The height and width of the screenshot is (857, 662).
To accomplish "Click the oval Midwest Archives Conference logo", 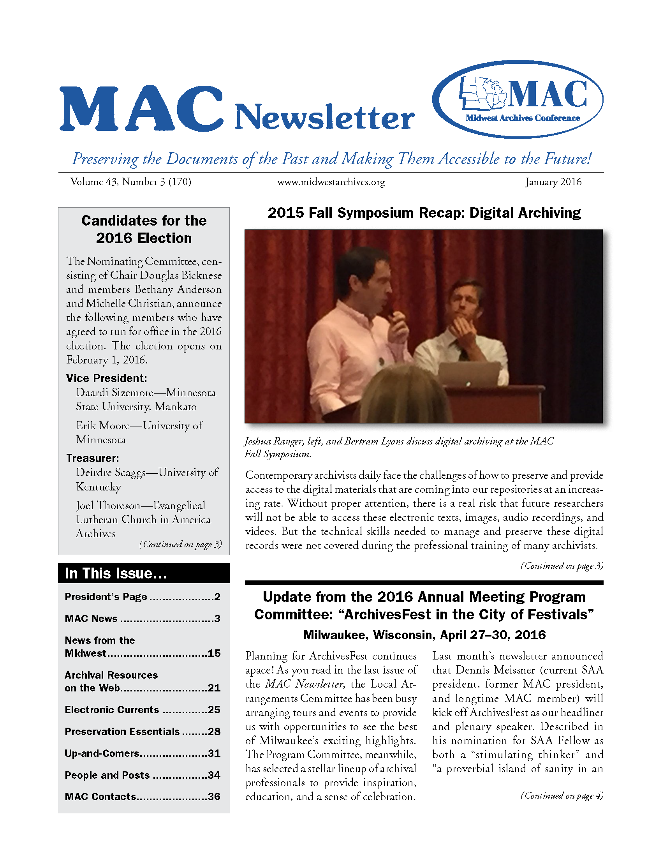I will (x=518, y=99).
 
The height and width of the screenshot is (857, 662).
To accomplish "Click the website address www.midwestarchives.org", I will (x=331, y=182).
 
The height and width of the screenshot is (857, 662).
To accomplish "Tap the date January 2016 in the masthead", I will (x=553, y=182).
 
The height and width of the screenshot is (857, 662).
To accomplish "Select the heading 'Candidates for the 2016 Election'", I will (x=144, y=229).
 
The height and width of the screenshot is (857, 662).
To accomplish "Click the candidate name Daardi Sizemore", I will (x=114, y=393).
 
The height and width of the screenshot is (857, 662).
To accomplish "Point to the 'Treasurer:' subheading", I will (x=93, y=458).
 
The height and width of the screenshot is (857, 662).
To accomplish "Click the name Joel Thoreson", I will (x=108, y=505).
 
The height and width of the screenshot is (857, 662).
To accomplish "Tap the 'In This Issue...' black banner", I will (x=144, y=573).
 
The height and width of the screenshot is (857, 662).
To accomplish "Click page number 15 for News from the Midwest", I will (x=214, y=653).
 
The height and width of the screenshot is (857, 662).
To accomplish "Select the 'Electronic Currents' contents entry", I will (x=112, y=710).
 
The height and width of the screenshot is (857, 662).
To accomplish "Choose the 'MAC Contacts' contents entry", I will (x=100, y=797).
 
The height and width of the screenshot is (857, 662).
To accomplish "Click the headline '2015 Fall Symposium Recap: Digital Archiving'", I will (x=424, y=213).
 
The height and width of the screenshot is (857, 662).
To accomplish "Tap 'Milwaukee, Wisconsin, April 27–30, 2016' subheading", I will (x=424, y=635).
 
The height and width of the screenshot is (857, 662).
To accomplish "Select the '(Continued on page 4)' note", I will (x=562, y=795).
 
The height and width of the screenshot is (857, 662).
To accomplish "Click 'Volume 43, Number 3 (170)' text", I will (x=130, y=182).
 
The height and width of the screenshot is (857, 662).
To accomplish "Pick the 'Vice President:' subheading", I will (x=106, y=378).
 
